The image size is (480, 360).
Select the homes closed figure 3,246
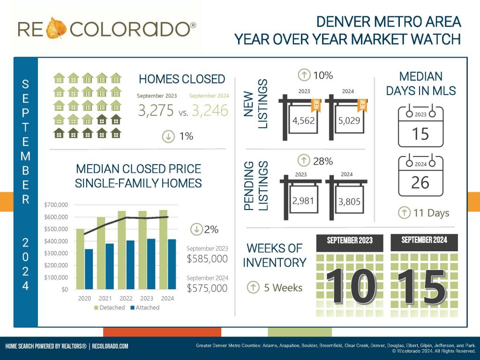tap(209, 110)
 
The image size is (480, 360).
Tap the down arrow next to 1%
tap(167, 136)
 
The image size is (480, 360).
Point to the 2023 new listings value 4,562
tap(303, 121)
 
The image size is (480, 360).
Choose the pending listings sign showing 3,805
tap(350, 202)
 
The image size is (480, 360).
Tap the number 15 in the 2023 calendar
tap(420, 134)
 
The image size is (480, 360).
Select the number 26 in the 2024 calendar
tap(420, 183)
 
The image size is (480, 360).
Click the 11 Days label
tap(431, 213)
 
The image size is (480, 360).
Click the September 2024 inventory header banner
tap(424, 240)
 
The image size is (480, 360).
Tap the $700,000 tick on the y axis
tap(56, 205)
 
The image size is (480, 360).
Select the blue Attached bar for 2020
tap(89, 269)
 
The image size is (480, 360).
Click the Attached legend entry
tap(144, 307)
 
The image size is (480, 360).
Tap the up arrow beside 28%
tap(305, 161)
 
